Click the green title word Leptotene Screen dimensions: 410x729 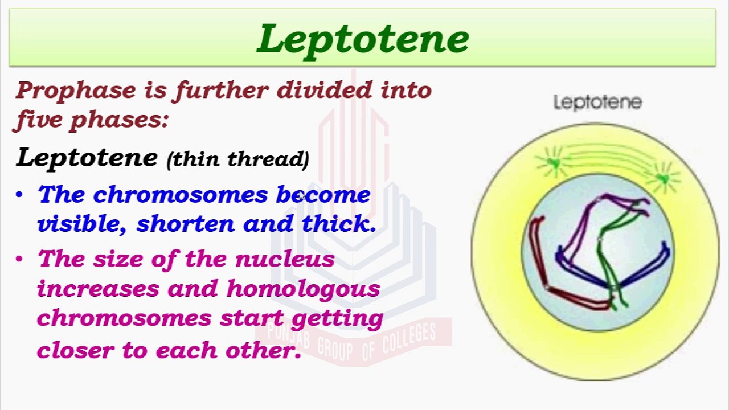pos(363,39)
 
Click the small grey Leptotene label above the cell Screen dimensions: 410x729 pos(597,102)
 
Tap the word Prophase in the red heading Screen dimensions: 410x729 pos(76,90)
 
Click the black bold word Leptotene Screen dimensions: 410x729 pos(87,157)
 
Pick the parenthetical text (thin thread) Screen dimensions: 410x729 pos(237,159)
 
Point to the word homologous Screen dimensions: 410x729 pos(303,289)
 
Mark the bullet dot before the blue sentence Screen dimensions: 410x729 pos(20,195)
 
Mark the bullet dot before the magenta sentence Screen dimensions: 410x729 pos(20,260)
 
